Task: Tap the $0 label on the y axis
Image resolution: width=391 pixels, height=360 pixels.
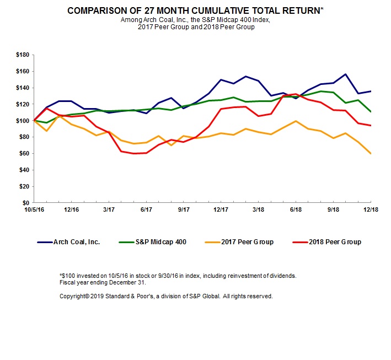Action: click(x=26, y=203)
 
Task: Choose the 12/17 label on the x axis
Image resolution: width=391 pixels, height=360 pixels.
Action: click(x=221, y=210)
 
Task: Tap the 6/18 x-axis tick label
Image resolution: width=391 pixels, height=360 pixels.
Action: click(x=296, y=210)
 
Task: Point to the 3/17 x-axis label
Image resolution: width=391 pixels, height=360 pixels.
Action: click(x=108, y=210)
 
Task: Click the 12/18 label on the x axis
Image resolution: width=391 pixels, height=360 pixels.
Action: click(x=370, y=210)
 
